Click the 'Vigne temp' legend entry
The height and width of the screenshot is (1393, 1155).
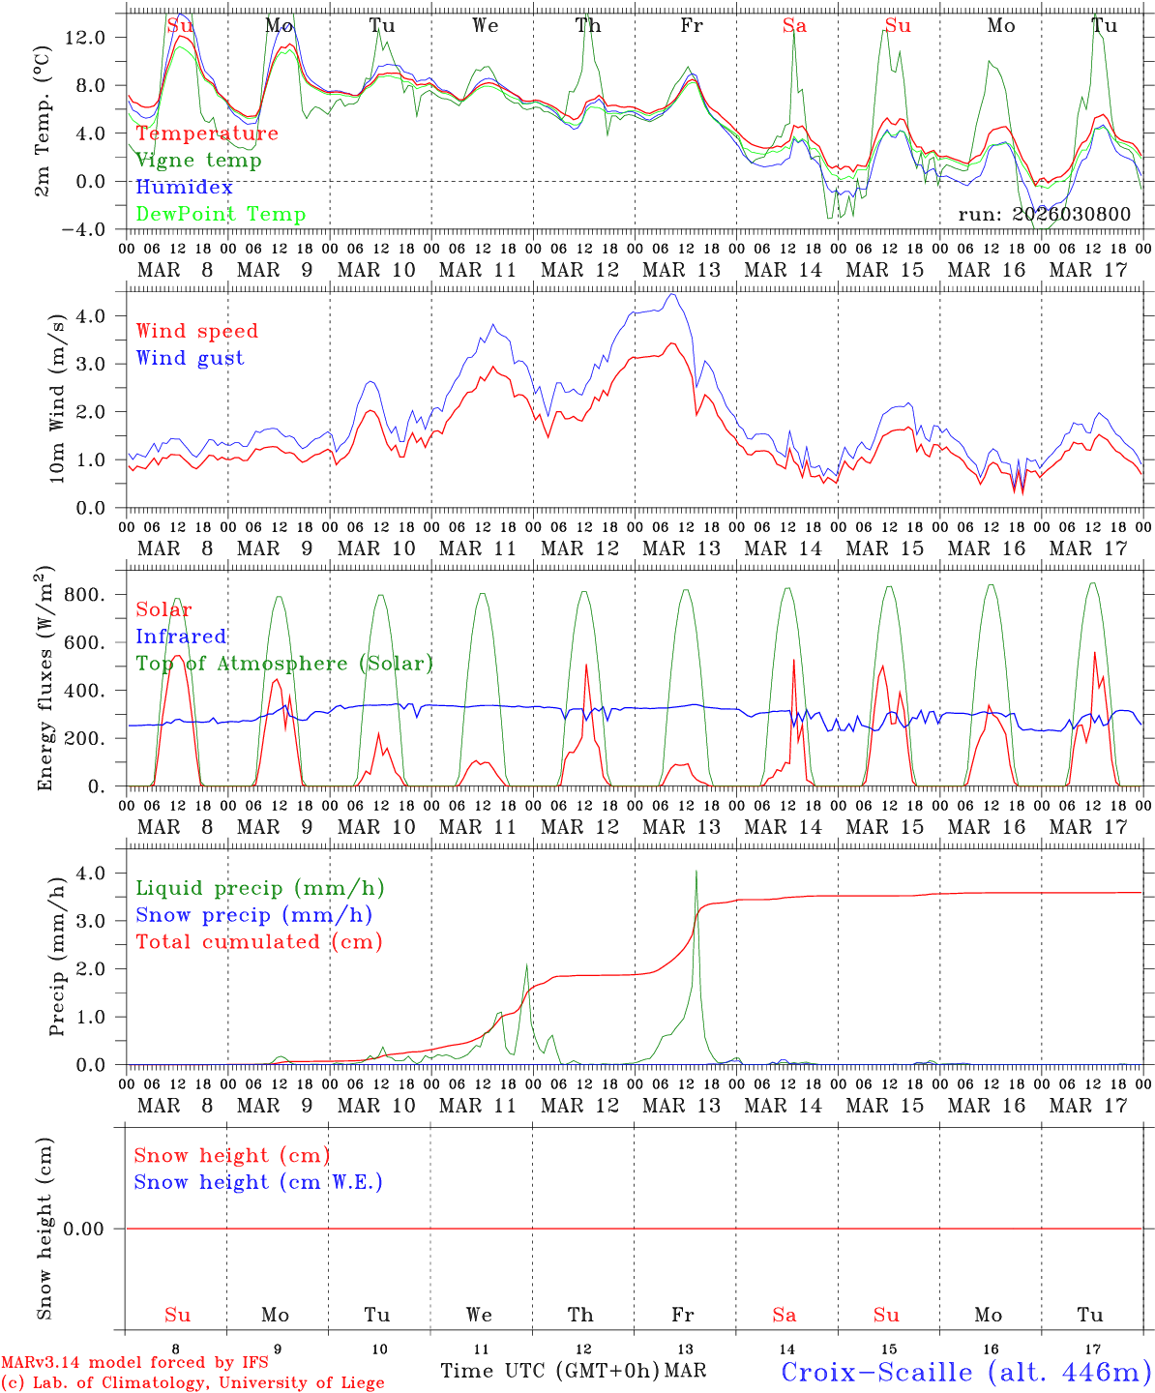(x=198, y=161)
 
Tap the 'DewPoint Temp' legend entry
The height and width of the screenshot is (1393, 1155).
(x=221, y=215)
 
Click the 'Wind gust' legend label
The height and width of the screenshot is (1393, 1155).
(x=190, y=358)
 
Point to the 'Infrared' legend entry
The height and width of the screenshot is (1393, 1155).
(x=181, y=637)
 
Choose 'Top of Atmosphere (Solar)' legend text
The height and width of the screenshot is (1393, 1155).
(x=283, y=664)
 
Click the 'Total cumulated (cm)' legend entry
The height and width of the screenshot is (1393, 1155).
(x=258, y=942)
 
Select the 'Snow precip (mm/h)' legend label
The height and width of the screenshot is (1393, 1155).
(x=253, y=915)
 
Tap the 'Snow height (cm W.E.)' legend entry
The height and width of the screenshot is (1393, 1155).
(x=258, y=1182)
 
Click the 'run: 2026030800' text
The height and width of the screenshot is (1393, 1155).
(x=1044, y=215)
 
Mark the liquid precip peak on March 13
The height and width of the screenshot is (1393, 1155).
(x=696, y=872)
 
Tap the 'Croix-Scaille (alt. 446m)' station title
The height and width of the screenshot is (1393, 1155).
(x=965, y=1372)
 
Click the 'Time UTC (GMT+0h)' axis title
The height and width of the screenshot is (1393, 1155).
(x=550, y=1371)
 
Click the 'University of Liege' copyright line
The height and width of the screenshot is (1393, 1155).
(x=192, y=1383)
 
